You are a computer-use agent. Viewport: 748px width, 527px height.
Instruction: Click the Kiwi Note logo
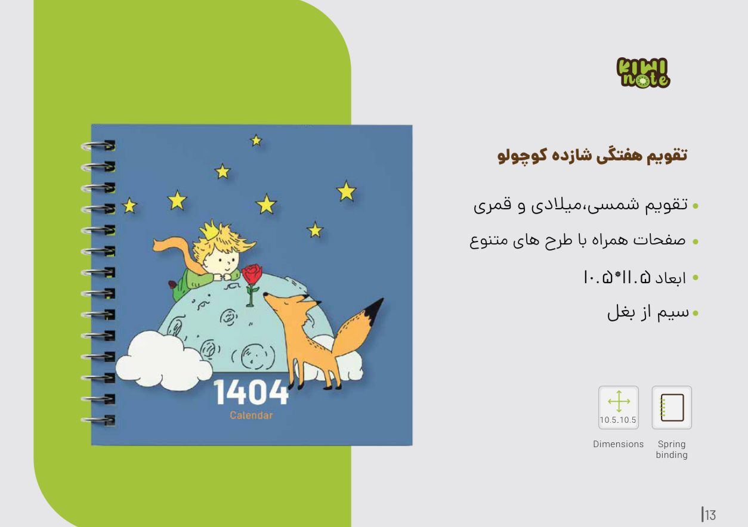click(x=643, y=73)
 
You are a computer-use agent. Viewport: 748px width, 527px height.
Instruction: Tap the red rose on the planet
click(x=252, y=274)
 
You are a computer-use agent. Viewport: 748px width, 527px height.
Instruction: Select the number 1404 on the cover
click(x=251, y=393)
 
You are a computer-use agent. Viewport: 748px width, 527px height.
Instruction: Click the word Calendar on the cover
click(x=252, y=416)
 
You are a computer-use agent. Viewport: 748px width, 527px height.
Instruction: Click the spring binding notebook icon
click(x=672, y=408)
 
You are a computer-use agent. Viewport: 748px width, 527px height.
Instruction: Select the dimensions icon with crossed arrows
click(x=619, y=408)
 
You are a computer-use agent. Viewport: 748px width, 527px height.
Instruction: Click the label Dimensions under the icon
click(x=619, y=444)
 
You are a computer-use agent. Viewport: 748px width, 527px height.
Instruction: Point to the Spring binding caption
click(x=672, y=449)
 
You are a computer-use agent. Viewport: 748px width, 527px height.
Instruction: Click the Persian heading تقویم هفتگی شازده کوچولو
click(x=592, y=156)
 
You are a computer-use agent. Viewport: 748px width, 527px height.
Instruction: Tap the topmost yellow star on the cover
click(x=256, y=141)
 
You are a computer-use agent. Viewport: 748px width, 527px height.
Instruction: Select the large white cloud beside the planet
click(x=163, y=361)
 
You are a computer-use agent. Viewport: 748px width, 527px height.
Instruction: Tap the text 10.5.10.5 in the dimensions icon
click(x=618, y=420)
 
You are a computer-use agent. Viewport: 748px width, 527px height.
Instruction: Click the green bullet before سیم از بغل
click(x=696, y=313)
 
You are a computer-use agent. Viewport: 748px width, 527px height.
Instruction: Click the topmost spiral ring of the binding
click(x=98, y=146)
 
